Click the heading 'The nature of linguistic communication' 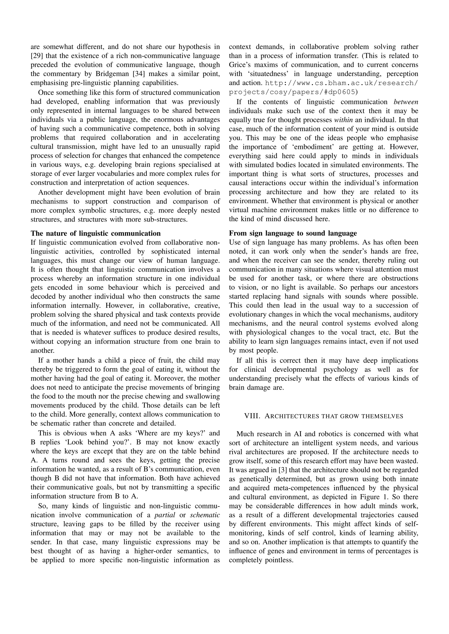tap(96, 233)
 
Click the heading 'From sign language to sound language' tap(293, 233)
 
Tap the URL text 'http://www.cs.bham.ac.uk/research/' tap(341, 83)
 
